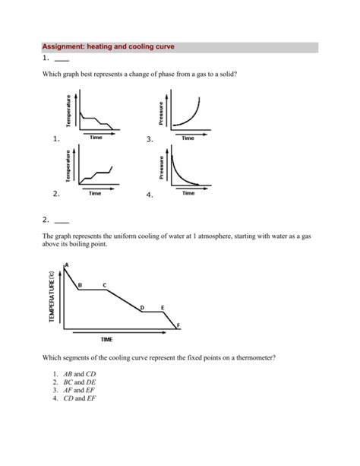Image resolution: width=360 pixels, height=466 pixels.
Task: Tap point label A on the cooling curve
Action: [66, 265]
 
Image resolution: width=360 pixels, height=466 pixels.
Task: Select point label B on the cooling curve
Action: [80, 284]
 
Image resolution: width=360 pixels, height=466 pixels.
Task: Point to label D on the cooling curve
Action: [142, 306]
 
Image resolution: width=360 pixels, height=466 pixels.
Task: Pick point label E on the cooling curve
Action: [163, 306]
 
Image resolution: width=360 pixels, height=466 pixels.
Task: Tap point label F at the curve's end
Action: [178, 326]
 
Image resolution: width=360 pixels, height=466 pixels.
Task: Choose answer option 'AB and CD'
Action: [80, 375]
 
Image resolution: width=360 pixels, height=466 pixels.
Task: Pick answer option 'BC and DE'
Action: [80, 382]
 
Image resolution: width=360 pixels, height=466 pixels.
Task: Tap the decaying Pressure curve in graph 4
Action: [182, 174]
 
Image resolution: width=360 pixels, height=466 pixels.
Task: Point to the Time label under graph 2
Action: [95, 194]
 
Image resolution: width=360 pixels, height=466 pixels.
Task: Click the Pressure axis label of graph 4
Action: [160, 170]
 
